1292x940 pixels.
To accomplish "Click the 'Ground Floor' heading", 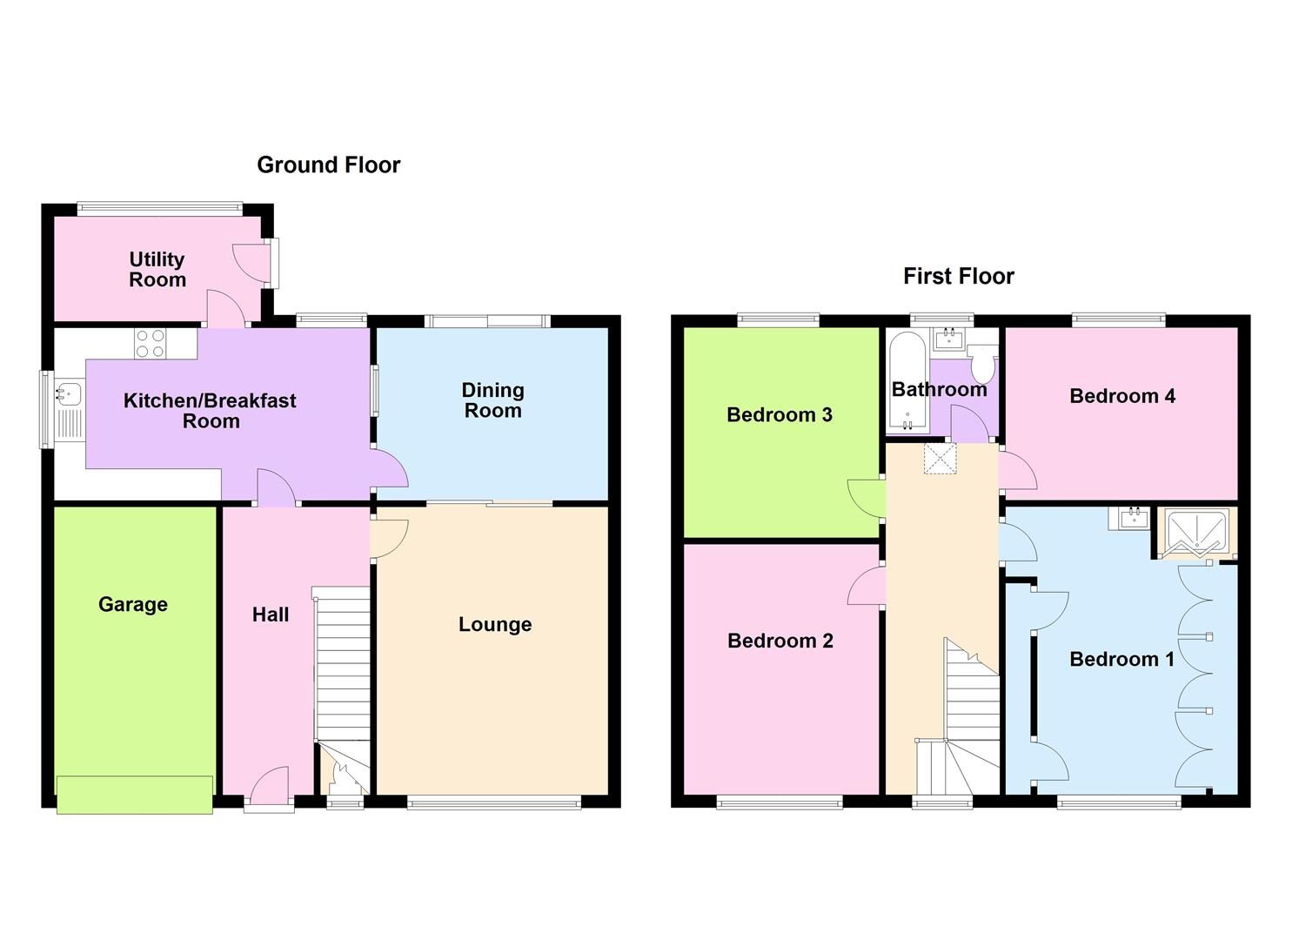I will [x=328, y=164].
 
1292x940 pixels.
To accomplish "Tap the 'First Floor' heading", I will [x=958, y=276].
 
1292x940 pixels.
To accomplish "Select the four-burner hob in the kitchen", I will [x=150, y=343].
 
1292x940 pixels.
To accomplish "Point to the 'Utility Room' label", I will [x=157, y=269].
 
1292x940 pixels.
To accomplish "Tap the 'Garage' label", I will [x=132, y=604].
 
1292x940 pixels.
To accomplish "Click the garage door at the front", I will [x=134, y=795].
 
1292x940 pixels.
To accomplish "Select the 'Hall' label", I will [x=270, y=614].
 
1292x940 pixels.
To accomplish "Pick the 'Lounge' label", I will [x=494, y=624].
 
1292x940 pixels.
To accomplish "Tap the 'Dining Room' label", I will [x=492, y=400].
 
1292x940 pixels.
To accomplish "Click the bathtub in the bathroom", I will [x=907, y=383].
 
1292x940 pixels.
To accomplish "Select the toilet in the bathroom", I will [x=983, y=364].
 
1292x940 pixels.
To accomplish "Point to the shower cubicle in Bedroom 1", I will [x=1196, y=533].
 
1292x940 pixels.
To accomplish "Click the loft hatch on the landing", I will [x=940, y=458].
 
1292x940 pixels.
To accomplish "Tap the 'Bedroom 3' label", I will [x=779, y=414].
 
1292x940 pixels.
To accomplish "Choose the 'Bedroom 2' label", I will [x=780, y=641].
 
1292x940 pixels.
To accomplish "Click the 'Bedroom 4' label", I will [x=1121, y=396].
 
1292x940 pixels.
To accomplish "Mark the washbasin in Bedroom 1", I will [x=1133, y=518].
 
